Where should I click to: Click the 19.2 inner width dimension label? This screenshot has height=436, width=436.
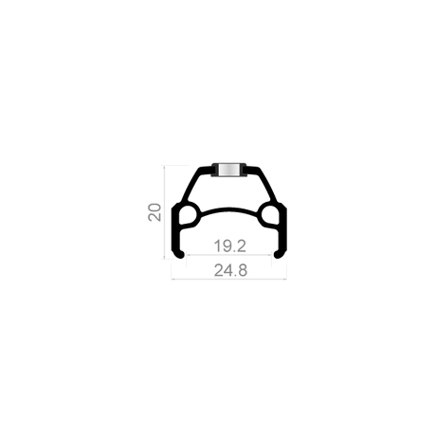229,245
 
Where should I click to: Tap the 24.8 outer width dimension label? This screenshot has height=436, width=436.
230,270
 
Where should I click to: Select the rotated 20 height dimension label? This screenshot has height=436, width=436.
154,212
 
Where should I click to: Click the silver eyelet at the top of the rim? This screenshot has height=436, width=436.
228,170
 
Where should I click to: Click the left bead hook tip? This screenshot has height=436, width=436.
181,255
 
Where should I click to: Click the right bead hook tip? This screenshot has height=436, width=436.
278,255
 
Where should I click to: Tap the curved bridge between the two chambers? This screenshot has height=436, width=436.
229,210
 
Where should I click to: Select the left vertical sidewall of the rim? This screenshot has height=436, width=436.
174,230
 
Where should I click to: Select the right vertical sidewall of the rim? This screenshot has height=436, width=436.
284,230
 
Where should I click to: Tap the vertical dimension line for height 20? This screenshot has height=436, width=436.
164,211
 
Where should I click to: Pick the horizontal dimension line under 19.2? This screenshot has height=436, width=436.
229,254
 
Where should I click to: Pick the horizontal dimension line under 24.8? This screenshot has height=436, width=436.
229,279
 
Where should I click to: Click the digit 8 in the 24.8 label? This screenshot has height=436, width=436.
242,270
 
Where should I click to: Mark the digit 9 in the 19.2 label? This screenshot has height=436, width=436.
225,245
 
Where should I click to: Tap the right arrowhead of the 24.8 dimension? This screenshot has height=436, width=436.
285,279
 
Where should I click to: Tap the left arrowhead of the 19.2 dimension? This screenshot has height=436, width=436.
188,254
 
